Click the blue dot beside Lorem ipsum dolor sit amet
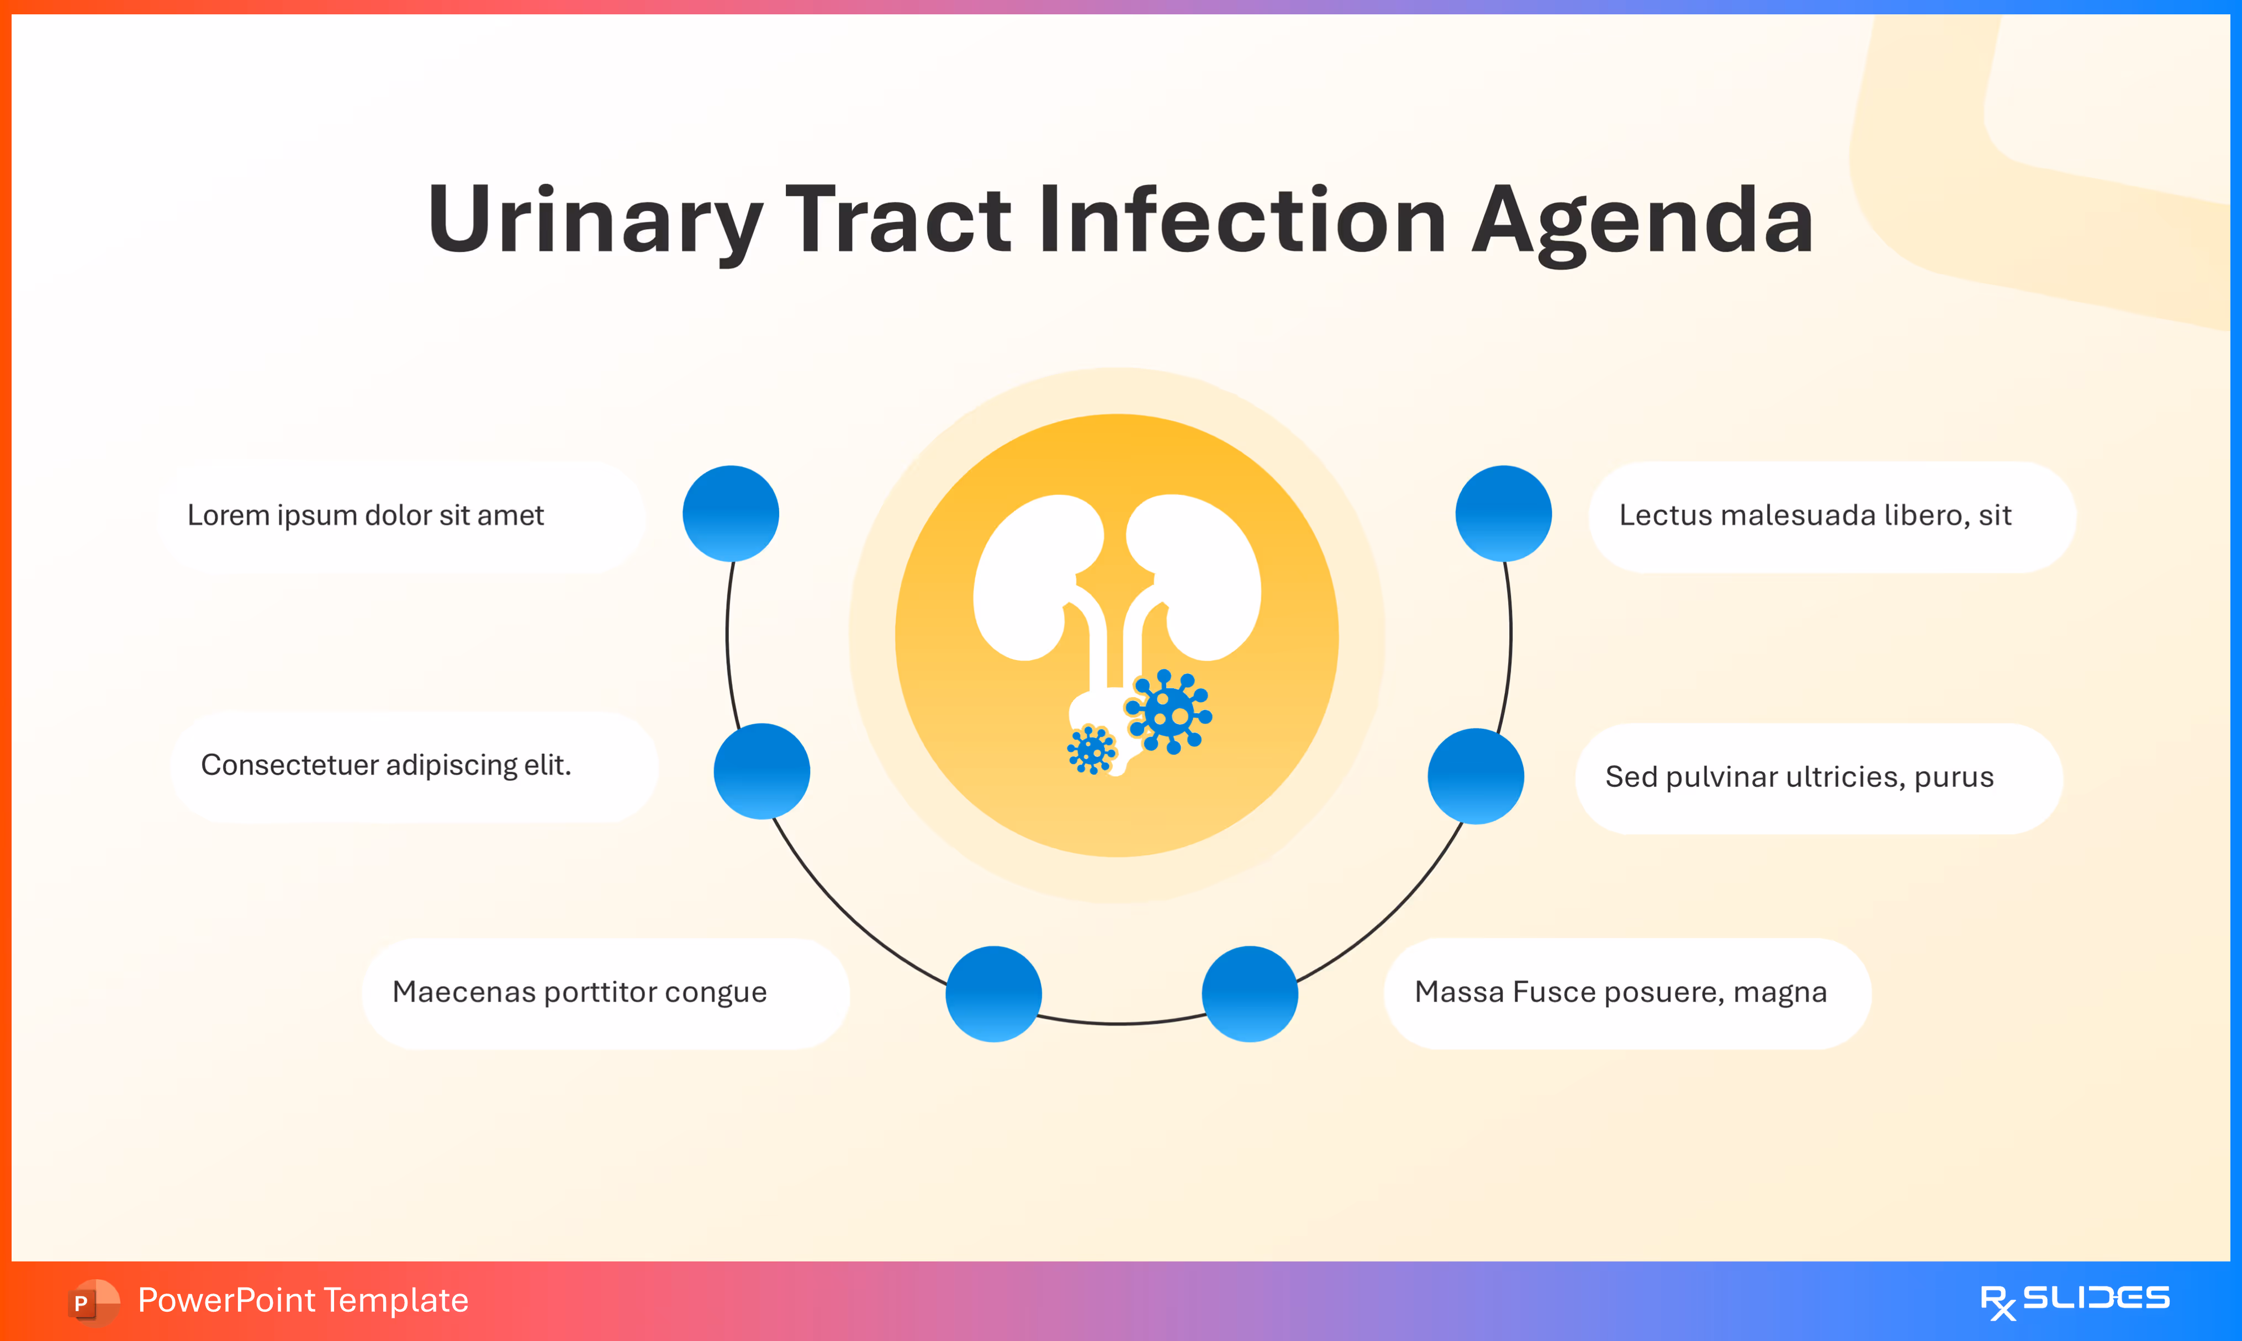click(x=731, y=513)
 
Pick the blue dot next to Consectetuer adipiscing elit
click(x=761, y=771)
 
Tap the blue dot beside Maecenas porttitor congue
click(x=993, y=994)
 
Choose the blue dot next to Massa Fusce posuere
click(x=1249, y=994)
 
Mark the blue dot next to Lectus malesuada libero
click(x=1503, y=513)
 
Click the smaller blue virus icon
click(x=1091, y=749)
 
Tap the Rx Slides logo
click(x=2074, y=1300)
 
